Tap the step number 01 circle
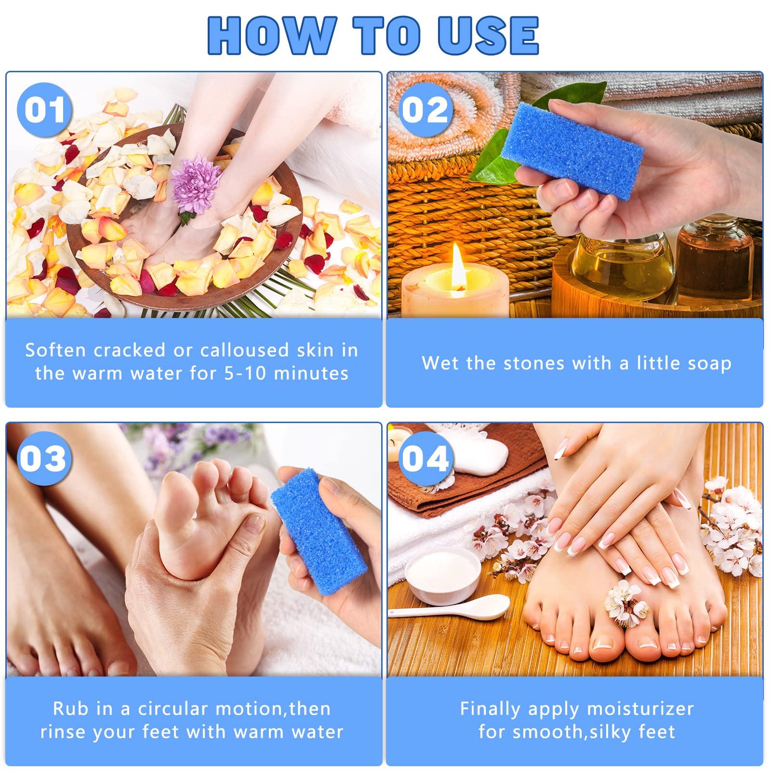pos(44,110)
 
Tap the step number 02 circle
pos(425,110)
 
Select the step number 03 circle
pos(43,458)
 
